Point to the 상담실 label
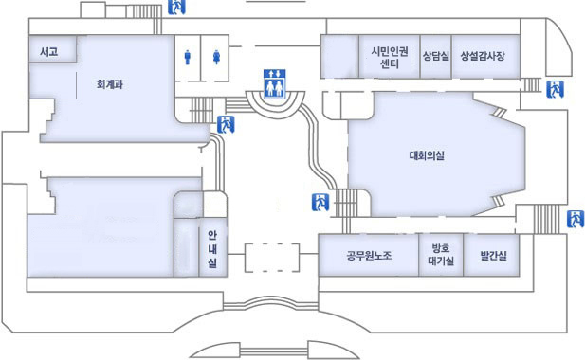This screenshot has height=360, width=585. (x=435, y=56)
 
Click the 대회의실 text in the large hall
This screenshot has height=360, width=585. (x=428, y=154)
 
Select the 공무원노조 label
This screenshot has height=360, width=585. (x=368, y=256)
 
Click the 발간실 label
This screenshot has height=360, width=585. (x=493, y=256)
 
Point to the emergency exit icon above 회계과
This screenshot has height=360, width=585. (x=176, y=7)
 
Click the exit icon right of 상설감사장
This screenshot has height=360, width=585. (x=556, y=90)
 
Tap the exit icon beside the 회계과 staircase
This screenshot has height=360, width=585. (x=227, y=123)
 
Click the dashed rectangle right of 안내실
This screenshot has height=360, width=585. (x=272, y=258)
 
